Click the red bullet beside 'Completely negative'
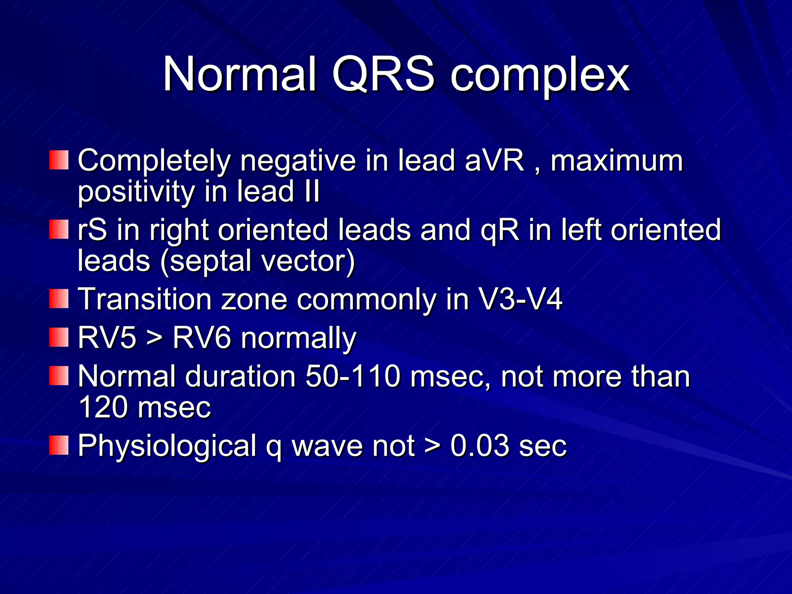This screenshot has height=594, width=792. [x=59, y=160]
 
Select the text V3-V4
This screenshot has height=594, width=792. [x=520, y=299]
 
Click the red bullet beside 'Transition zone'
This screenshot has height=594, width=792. [x=59, y=299]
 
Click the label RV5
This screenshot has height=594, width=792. [x=107, y=338]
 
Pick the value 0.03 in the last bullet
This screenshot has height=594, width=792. [x=480, y=445]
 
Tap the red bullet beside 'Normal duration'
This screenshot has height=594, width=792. [x=59, y=376]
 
